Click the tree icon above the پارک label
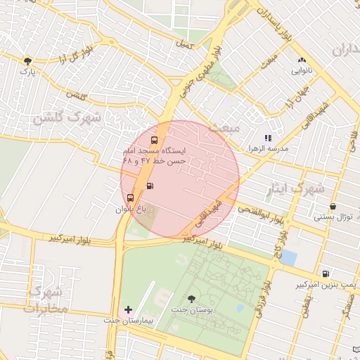click(x=27, y=61)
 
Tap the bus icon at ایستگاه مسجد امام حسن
click(x=154, y=139)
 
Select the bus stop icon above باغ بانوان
click(x=131, y=198)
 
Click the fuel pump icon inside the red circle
click(x=150, y=186)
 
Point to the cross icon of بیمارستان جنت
click(x=128, y=309)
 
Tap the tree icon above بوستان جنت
click(x=192, y=300)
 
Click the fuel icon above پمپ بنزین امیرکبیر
click(x=325, y=274)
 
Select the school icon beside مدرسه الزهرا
click(x=267, y=139)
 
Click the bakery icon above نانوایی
click(x=302, y=60)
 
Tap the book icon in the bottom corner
click(x=356, y=349)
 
